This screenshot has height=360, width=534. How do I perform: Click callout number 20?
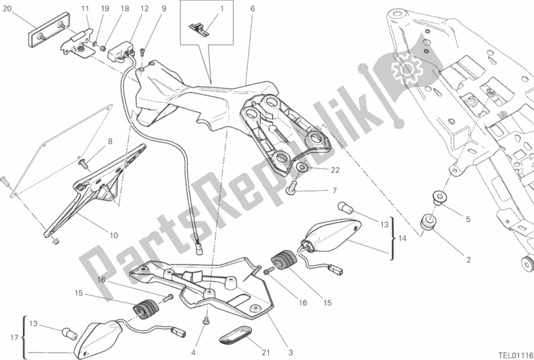click(x=7, y=9)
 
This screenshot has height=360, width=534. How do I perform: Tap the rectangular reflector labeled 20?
click(x=49, y=29)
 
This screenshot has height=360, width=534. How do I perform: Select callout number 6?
click(x=253, y=9)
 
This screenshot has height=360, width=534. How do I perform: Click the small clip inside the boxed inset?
click(x=199, y=27)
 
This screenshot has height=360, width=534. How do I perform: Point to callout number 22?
click(x=335, y=170)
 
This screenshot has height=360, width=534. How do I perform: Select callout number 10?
click(x=114, y=235)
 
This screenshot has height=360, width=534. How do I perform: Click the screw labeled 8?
click(x=84, y=165)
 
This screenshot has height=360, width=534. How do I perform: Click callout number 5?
click(x=468, y=220)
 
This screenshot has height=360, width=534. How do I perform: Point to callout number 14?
click(x=402, y=238)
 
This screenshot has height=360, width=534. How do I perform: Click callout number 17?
click(x=14, y=338)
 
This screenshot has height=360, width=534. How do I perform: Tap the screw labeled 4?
click(x=206, y=321)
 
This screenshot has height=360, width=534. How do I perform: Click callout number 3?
click(x=291, y=353)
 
